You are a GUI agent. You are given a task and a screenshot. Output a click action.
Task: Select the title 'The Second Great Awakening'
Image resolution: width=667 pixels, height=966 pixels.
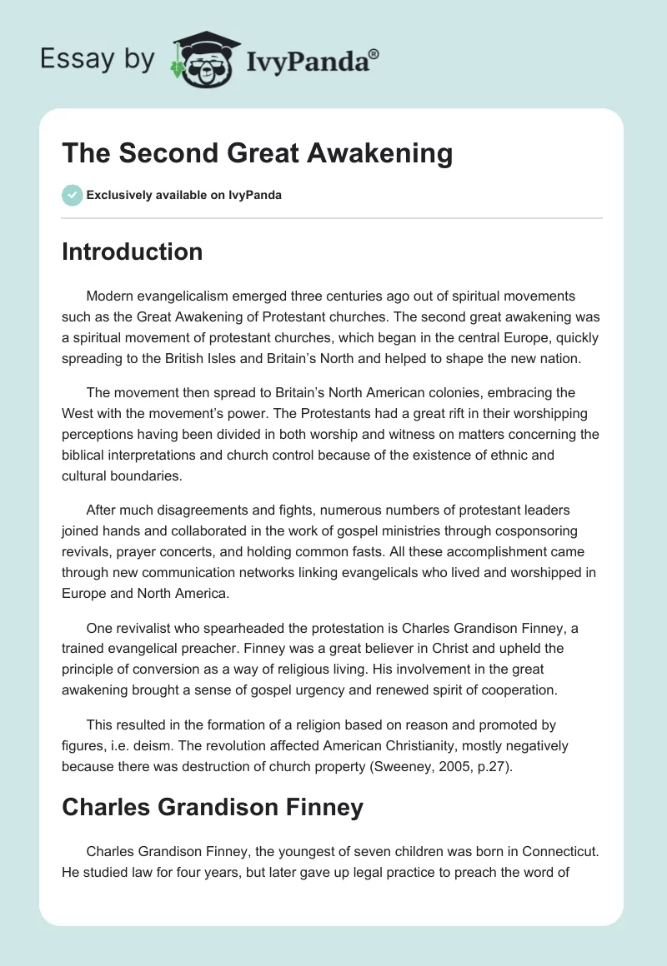(257, 153)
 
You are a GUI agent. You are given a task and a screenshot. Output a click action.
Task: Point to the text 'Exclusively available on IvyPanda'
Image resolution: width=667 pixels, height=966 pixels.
(183, 196)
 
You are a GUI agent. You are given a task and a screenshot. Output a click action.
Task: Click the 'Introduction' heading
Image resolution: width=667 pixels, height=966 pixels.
(132, 251)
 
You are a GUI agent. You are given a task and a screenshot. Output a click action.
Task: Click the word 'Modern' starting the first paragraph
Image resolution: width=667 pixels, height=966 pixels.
(110, 296)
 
